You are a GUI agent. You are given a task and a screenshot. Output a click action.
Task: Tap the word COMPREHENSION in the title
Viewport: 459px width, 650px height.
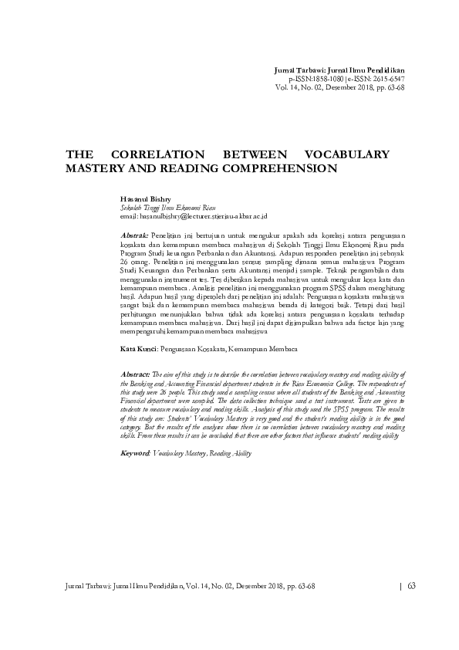coord(275,167)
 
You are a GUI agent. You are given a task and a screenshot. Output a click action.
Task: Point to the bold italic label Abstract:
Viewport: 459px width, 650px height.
coord(135,374)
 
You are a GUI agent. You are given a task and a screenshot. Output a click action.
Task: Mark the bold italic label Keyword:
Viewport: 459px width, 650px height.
coord(135,454)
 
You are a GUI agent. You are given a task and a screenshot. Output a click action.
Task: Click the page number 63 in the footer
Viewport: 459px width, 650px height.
coord(411,585)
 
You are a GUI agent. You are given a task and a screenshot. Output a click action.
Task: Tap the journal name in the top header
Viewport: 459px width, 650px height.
coord(339,71)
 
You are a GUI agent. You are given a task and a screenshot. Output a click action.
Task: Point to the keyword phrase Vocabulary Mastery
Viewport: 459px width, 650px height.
coord(179,454)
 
